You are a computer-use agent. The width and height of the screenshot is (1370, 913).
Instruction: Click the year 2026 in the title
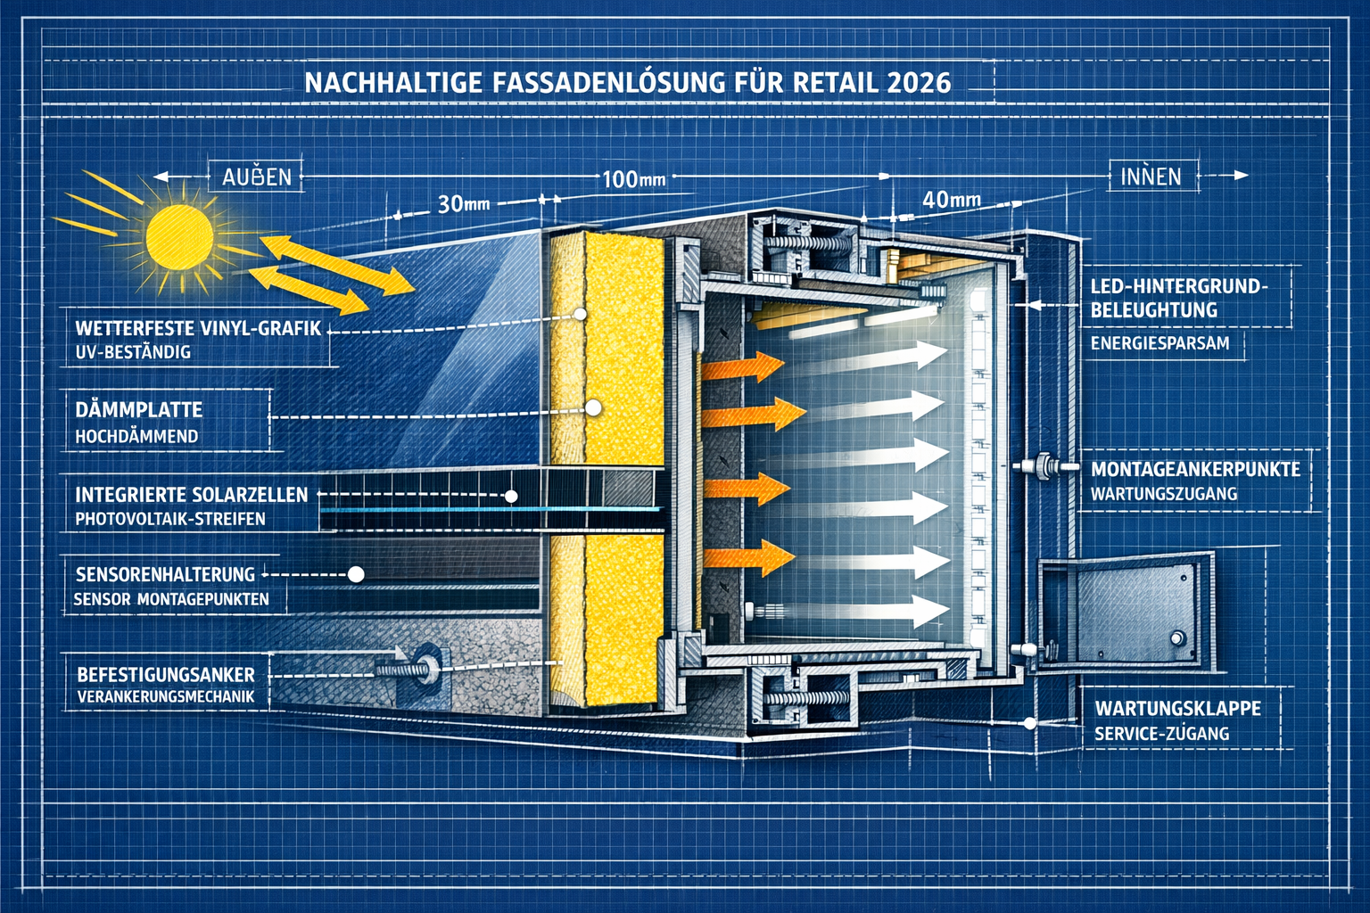click(919, 83)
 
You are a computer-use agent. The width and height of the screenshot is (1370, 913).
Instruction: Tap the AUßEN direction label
click(257, 177)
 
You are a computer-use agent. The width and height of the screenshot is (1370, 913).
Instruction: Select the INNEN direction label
click(1151, 177)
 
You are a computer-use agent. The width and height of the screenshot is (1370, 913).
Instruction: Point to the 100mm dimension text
click(633, 179)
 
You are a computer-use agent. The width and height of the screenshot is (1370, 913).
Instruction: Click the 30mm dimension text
click(464, 204)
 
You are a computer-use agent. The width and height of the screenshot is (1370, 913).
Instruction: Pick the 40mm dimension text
click(951, 200)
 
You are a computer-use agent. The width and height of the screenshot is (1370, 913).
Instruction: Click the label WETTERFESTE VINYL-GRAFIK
click(198, 328)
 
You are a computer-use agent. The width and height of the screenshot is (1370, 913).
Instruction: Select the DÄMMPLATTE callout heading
click(139, 410)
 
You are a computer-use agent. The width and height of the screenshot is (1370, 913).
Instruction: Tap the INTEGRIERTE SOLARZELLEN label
click(191, 495)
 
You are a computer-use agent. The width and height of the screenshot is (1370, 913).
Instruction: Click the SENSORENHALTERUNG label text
click(165, 574)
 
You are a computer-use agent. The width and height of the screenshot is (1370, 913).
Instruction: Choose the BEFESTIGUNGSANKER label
click(166, 675)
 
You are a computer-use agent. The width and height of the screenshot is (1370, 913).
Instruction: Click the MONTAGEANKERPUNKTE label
click(1195, 469)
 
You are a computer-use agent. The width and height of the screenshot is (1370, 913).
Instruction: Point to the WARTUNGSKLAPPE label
click(1177, 708)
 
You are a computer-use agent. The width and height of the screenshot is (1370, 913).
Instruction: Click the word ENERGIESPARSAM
click(1160, 343)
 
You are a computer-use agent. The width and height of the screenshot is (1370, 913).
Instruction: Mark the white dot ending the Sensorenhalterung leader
click(356, 575)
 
